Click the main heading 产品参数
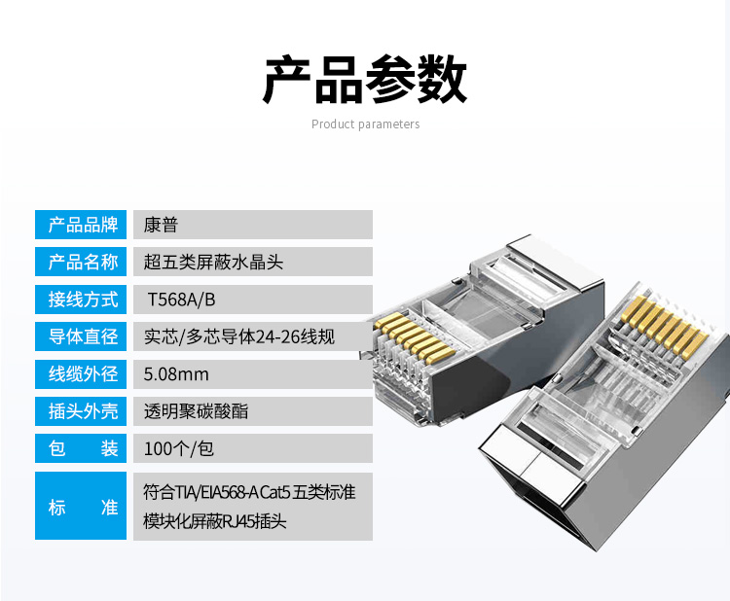point(365,80)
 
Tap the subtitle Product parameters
point(365,124)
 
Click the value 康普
point(161,225)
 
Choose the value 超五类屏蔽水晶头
point(212,262)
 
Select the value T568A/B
point(181,300)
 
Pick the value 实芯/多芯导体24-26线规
point(238,336)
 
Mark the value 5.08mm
point(176,373)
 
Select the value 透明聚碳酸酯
point(196,411)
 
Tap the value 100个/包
point(178,448)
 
